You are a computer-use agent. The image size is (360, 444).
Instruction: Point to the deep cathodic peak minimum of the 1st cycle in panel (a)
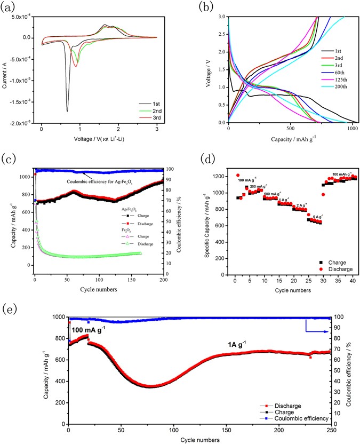point(67,111)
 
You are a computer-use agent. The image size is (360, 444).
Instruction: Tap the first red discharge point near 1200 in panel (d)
point(238,175)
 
